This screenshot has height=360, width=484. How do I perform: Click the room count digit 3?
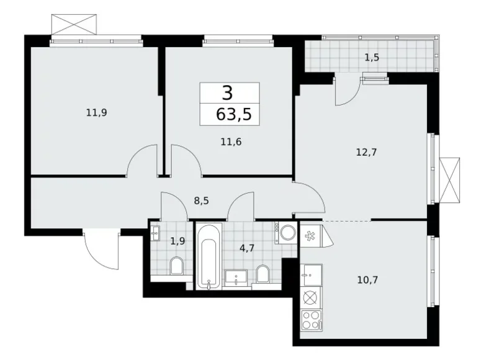pos(228,93)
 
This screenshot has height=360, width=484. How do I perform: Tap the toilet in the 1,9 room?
pos(176,267)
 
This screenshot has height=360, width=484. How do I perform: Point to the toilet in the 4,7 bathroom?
pos(262,273)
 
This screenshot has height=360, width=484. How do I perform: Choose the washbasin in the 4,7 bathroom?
pos(236,277)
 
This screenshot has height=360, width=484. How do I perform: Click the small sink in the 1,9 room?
pos(155,235)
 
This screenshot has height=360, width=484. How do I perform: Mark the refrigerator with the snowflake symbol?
pos(309,236)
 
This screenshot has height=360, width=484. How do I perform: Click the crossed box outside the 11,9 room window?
pos(74,24)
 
